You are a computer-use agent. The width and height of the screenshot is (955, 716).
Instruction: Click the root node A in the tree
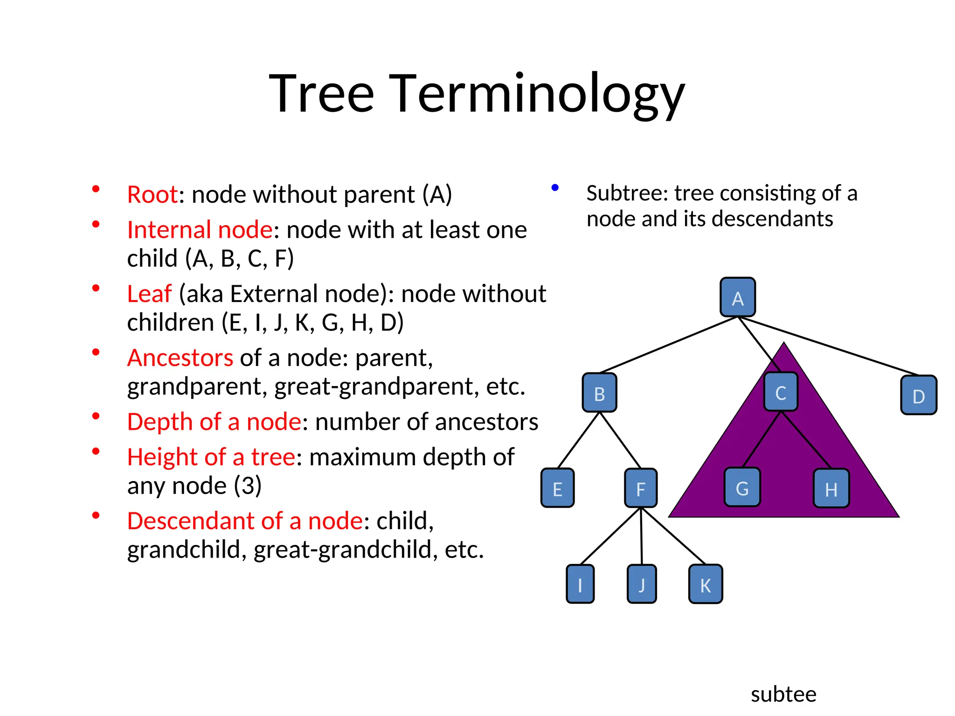(737, 297)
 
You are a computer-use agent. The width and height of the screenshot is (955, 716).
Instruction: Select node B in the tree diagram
(600, 393)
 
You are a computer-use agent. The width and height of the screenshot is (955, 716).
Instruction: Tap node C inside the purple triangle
(781, 392)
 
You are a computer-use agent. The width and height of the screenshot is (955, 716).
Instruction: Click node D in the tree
(918, 395)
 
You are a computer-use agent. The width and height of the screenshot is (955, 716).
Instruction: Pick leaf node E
(557, 488)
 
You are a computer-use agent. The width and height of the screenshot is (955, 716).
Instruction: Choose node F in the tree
(641, 488)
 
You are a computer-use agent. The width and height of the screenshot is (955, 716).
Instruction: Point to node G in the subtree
(742, 488)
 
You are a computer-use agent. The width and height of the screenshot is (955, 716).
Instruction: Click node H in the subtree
(831, 489)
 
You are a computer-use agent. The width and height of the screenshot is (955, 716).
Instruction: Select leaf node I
(580, 584)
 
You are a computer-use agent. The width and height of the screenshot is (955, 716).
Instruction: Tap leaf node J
(642, 584)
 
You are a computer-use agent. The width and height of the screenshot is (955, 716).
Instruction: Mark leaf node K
(706, 585)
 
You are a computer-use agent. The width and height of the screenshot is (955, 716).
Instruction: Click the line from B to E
(578, 441)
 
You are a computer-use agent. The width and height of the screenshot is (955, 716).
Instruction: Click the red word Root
(152, 194)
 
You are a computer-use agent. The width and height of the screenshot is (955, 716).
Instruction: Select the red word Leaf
(149, 294)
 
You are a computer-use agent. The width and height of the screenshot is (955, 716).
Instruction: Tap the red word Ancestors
(180, 358)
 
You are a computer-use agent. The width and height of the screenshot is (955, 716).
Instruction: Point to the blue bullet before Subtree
(555, 188)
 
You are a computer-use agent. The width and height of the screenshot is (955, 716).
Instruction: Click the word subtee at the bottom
(783, 694)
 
